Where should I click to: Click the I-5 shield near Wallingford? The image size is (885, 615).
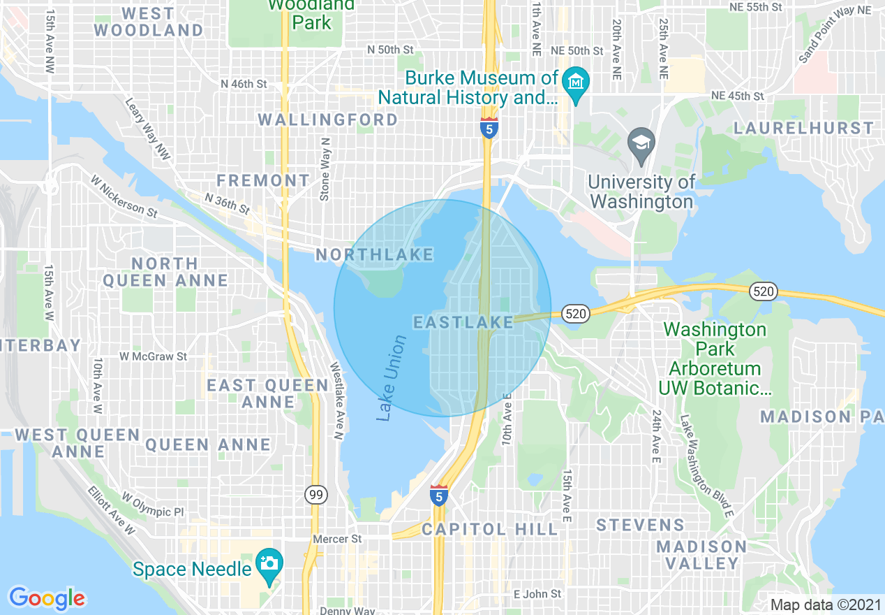click(489, 129)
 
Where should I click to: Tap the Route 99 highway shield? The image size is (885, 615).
click(316, 495)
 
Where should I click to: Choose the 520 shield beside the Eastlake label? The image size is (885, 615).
click(575, 314)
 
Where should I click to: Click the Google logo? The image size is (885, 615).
click(47, 598)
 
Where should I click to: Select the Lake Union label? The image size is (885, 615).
click(392, 378)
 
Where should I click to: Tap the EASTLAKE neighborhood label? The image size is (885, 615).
click(463, 322)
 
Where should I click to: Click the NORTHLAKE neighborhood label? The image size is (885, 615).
click(375, 255)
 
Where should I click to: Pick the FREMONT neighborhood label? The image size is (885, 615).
click(263, 180)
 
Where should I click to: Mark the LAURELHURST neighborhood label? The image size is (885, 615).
click(803, 128)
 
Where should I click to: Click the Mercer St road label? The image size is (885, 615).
click(337, 539)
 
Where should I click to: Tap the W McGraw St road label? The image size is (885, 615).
click(153, 356)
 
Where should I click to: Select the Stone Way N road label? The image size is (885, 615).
click(325, 169)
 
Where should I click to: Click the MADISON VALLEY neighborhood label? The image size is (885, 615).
click(701, 554)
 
